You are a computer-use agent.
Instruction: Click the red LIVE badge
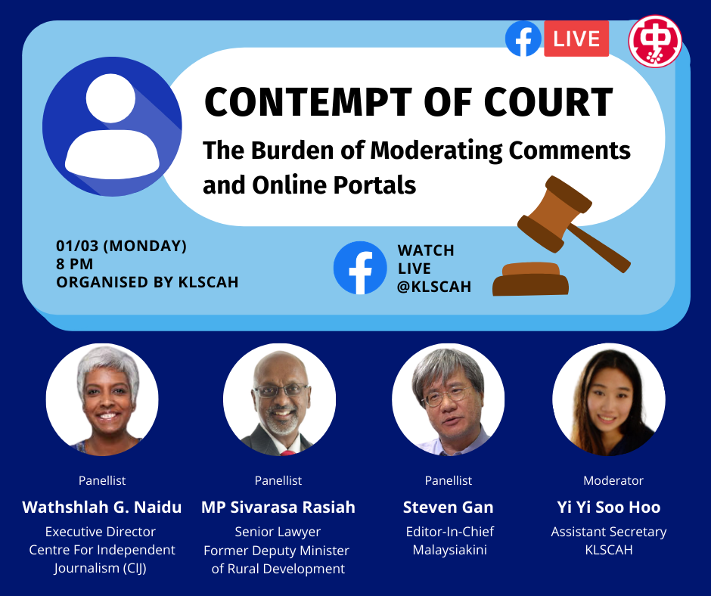[576, 39]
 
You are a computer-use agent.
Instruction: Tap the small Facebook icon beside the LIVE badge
[523, 39]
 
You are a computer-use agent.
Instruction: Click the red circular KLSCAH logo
[655, 42]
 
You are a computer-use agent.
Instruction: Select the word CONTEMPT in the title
[308, 102]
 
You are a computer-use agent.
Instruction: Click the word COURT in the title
[548, 102]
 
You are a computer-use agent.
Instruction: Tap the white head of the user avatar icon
[110, 98]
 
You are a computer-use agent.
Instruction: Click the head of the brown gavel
[554, 213]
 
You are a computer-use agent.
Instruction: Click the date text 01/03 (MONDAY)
[122, 246]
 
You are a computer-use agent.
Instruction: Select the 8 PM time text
[75, 264]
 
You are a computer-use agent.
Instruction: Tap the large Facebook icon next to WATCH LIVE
[360, 268]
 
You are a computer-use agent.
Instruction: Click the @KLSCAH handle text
[434, 287]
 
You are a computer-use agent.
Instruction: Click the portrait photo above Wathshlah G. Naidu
[102, 399]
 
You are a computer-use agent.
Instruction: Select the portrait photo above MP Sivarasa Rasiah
[279, 399]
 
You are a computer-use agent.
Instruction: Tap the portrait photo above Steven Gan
[448, 399]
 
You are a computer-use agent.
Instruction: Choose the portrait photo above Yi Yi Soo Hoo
[609, 399]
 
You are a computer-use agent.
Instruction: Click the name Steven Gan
[448, 507]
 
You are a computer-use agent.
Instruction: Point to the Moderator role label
[613, 481]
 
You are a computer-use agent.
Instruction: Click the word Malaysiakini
[450, 550]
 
